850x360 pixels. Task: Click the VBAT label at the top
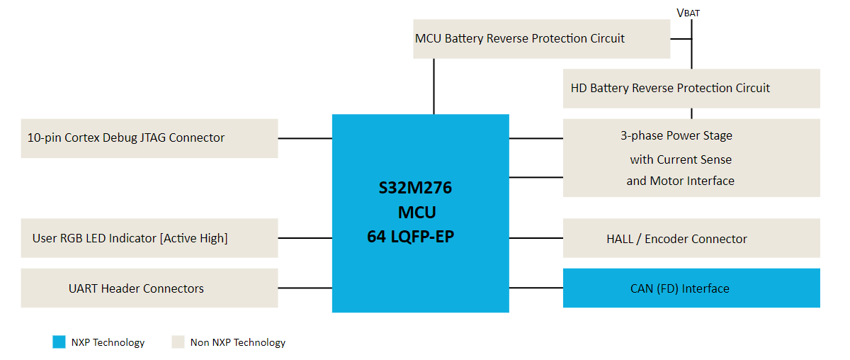[688, 12]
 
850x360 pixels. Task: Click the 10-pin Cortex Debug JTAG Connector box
[149, 138]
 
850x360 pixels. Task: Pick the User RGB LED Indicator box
[149, 238]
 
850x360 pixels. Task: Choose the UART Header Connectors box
[149, 288]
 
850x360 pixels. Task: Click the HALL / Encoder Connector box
[691, 239]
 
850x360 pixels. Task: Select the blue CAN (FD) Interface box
[691, 288]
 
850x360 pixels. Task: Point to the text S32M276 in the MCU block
[415, 189]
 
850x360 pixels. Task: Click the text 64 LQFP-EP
[410, 237]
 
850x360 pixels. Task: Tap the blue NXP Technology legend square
[59, 342]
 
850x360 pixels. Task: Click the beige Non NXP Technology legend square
[178, 342]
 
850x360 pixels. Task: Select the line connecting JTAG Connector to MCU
[305, 138]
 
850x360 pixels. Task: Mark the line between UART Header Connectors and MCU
[305, 288]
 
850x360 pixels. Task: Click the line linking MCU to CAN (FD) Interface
[535, 288]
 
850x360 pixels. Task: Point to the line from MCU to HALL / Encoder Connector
[535, 239]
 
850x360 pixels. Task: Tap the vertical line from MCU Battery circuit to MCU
[433, 86]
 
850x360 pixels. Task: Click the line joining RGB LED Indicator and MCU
[305, 239]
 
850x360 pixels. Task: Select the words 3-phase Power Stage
[676, 135]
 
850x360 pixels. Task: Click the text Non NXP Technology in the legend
[238, 343]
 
